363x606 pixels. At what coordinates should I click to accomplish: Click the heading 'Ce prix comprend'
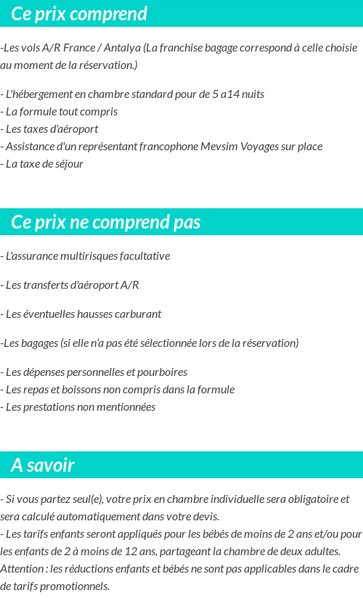[79, 14]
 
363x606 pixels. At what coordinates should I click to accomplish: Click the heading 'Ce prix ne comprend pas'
[106, 222]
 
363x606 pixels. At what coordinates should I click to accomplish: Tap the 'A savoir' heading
[43, 465]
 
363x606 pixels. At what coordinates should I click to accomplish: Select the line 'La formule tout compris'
[61, 112]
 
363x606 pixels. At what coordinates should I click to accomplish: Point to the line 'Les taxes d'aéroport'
[52, 129]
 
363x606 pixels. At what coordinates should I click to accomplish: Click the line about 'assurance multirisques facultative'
[87, 256]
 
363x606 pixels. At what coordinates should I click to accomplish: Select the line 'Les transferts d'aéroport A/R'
[71, 285]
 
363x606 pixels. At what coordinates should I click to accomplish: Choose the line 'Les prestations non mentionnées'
[80, 407]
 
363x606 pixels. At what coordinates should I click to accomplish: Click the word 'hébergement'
[44, 94]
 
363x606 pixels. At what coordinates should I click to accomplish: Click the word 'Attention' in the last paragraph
[22, 569]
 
